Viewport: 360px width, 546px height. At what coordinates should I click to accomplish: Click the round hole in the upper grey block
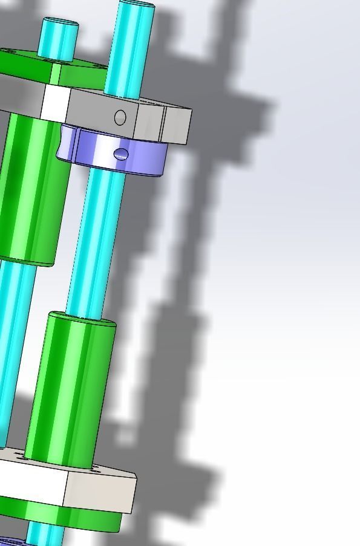coord(120,117)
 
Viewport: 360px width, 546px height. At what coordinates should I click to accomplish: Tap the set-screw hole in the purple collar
coord(121,155)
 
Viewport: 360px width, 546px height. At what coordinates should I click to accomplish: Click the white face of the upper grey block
coord(55,103)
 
